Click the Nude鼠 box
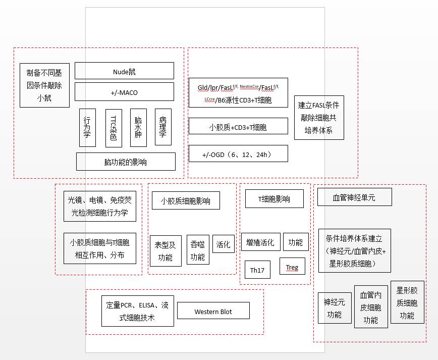pyautogui.click(x=124, y=71)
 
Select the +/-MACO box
pyautogui.click(x=124, y=92)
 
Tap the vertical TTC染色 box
pyautogui.click(x=114, y=128)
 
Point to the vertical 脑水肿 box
pyautogui.click(x=139, y=128)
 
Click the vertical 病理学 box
pyautogui.click(x=163, y=127)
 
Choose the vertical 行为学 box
pyautogui.click(x=87, y=128)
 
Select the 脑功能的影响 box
pyautogui.click(x=126, y=162)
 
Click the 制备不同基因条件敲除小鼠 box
pyautogui.click(x=45, y=85)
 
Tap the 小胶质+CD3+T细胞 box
pyautogui.click(x=238, y=126)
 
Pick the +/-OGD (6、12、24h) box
pyautogui.click(x=238, y=153)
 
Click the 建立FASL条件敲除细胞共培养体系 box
pyautogui.click(x=319, y=118)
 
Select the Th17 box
pyautogui.click(x=257, y=270)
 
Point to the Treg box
pyautogui.click(x=292, y=266)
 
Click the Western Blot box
pyautogui.click(x=213, y=311)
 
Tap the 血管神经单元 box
pyautogui.click(x=355, y=197)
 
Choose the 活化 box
pyautogui.click(x=224, y=244)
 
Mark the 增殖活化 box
pyautogui.click(x=260, y=242)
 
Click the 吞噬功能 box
pyautogui.click(x=198, y=250)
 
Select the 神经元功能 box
pyautogui.click(x=335, y=308)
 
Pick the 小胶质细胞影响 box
pyautogui.click(x=186, y=200)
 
